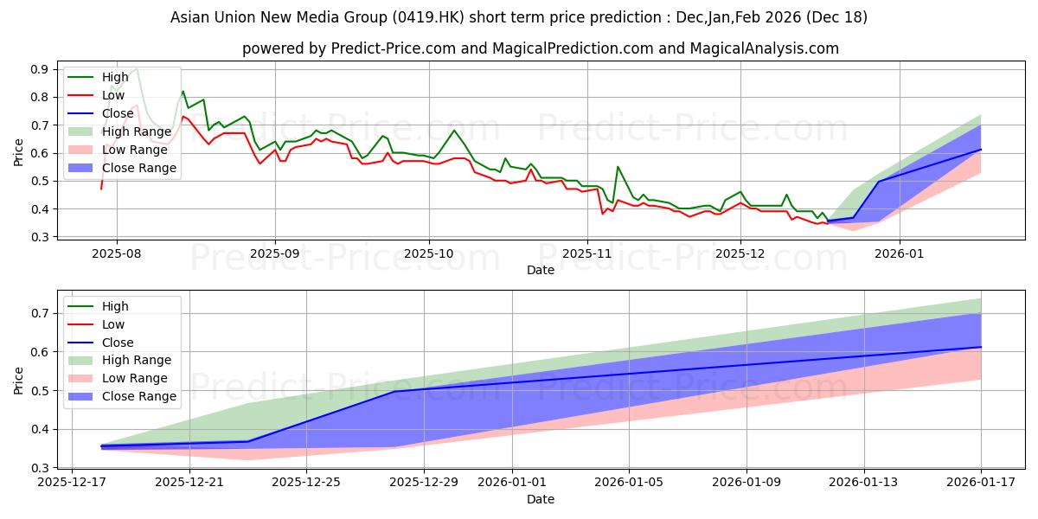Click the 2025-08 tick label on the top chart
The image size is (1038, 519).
tap(116, 253)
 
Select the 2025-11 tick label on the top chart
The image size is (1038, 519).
tap(587, 253)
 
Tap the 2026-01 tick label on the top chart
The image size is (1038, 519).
tap(900, 253)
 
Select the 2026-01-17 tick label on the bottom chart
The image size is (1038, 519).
tap(981, 484)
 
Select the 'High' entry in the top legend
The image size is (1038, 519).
tap(115, 77)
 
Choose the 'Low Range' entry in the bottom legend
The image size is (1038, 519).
tap(136, 378)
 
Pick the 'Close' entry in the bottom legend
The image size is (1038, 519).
tap(118, 343)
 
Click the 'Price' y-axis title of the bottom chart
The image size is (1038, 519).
tap(19, 381)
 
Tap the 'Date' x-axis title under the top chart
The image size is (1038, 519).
tap(541, 270)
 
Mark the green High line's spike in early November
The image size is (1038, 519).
tap(618, 166)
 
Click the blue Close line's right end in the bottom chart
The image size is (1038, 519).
tap(981, 347)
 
